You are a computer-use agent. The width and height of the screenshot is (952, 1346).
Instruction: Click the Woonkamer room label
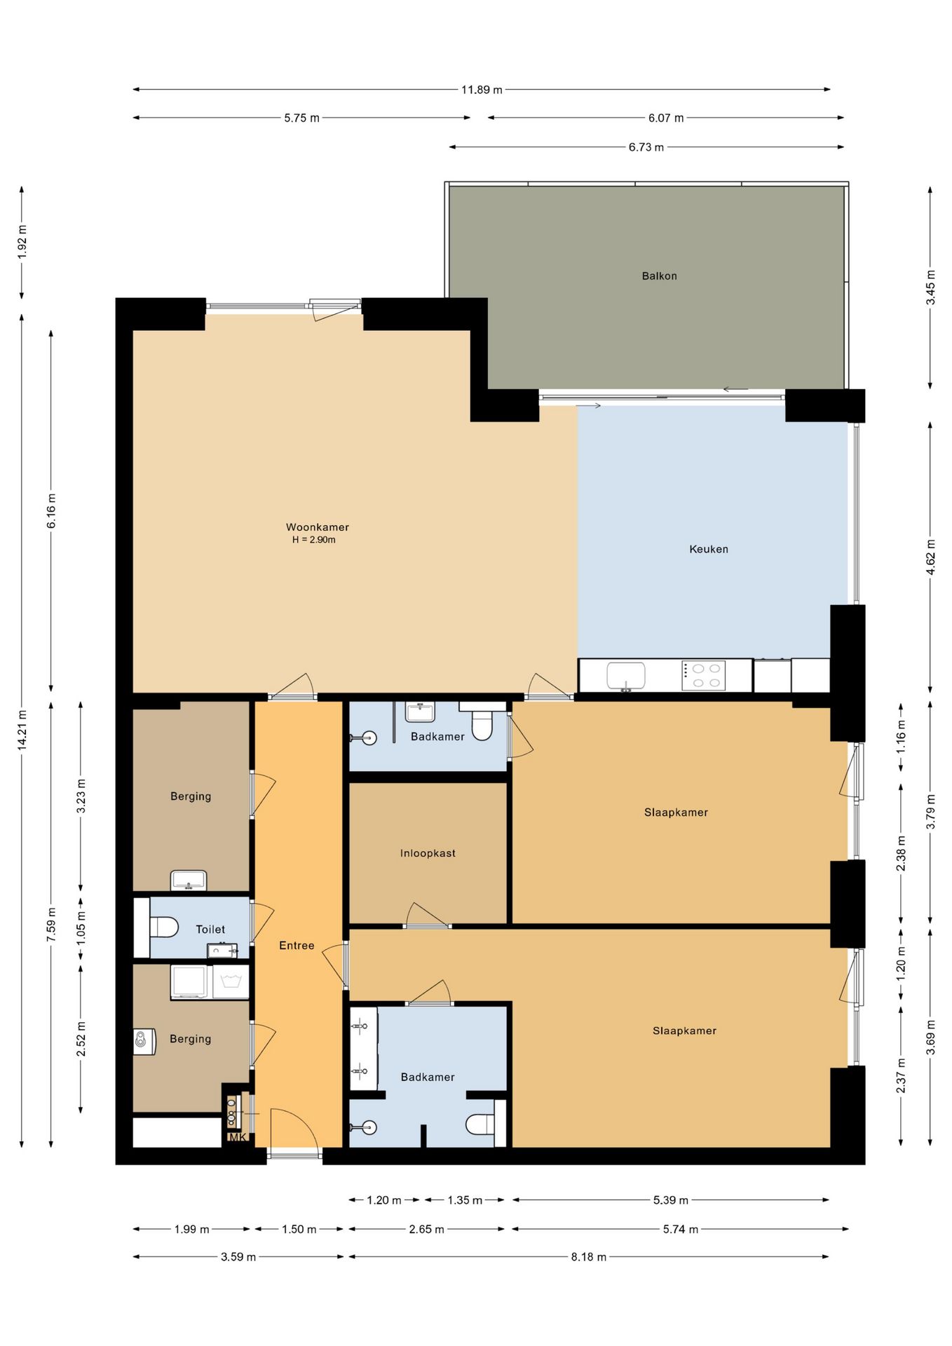(317, 527)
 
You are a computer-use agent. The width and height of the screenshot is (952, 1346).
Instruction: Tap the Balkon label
(660, 276)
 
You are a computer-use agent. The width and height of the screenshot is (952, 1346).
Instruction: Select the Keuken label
(709, 550)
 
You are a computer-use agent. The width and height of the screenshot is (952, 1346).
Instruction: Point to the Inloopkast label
(428, 853)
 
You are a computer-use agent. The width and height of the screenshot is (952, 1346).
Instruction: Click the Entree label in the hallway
(297, 946)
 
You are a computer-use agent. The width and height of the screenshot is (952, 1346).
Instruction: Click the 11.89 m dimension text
(482, 90)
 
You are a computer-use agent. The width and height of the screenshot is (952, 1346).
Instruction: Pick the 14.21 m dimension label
(22, 730)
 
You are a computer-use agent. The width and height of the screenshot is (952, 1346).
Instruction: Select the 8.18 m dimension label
(588, 1257)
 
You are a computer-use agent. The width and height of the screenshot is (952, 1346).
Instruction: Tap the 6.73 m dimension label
(646, 147)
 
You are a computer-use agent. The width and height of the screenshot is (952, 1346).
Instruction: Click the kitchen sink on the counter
(625, 677)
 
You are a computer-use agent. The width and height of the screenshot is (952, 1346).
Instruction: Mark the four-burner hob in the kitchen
(704, 676)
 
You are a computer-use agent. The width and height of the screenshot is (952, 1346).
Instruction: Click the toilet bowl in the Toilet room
(164, 927)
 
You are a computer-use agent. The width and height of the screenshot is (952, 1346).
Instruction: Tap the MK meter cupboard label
(238, 1138)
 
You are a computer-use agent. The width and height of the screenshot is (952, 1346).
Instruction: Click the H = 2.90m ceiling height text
(314, 540)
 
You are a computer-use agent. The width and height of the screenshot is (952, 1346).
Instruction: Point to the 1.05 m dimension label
(81, 928)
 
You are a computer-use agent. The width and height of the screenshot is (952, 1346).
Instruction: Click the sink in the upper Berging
(189, 880)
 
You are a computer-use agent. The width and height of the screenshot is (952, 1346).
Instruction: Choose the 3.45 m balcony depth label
(930, 287)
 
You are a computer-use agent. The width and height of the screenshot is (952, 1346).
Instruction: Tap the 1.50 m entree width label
(299, 1229)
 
